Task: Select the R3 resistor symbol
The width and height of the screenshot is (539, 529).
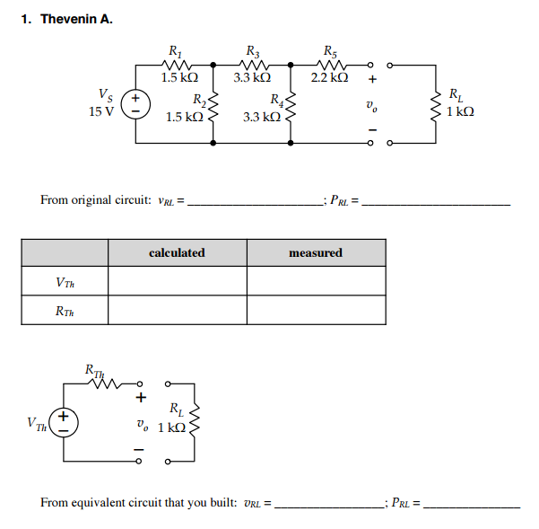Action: [x=250, y=64]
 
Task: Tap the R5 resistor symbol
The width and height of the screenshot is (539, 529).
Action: [x=328, y=64]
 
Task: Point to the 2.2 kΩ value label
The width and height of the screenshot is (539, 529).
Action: [x=328, y=78]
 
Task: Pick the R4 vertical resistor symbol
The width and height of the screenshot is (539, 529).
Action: [x=290, y=110]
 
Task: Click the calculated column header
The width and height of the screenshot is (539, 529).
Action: [x=177, y=253]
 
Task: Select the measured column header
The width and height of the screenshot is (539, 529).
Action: [x=316, y=253]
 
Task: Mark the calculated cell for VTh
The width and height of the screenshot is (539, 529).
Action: [x=177, y=282]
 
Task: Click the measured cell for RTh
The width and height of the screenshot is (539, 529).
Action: [x=316, y=310]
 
